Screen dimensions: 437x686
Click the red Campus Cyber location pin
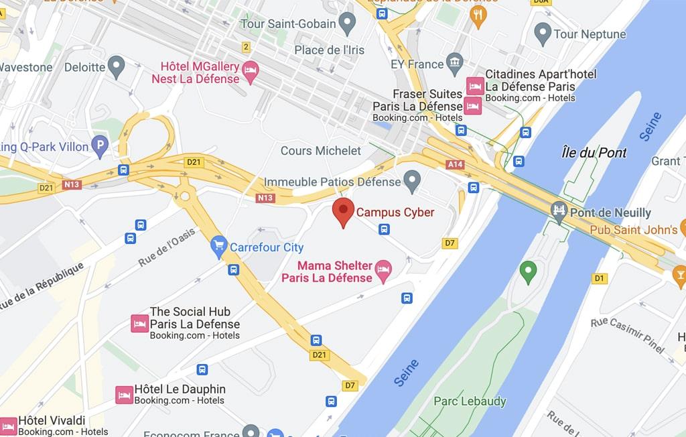(x=343, y=211)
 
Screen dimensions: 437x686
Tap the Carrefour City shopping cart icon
(x=218, y=247)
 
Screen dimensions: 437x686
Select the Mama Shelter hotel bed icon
(x=384, y=271)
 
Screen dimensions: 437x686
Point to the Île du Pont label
(x=594, y=153)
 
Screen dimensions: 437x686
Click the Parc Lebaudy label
(x=470, y=401)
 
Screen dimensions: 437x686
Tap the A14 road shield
(x=455, y=164)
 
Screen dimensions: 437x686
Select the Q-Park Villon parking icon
(x=100, y=146)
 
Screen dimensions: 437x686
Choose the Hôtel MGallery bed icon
(x=251, y=72)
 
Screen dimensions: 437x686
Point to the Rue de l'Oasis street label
(x=167, y=247)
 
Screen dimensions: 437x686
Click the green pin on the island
(x=529, y=271)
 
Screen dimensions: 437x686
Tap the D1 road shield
(x=599, y=278)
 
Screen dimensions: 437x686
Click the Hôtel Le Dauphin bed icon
(x=124, y=395)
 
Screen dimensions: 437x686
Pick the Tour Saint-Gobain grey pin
(x=346, y=24)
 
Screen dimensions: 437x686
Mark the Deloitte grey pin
(x=117, y=66)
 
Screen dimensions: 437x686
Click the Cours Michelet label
(x=320, y=151)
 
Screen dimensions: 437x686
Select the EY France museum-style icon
(x=456, y=64)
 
